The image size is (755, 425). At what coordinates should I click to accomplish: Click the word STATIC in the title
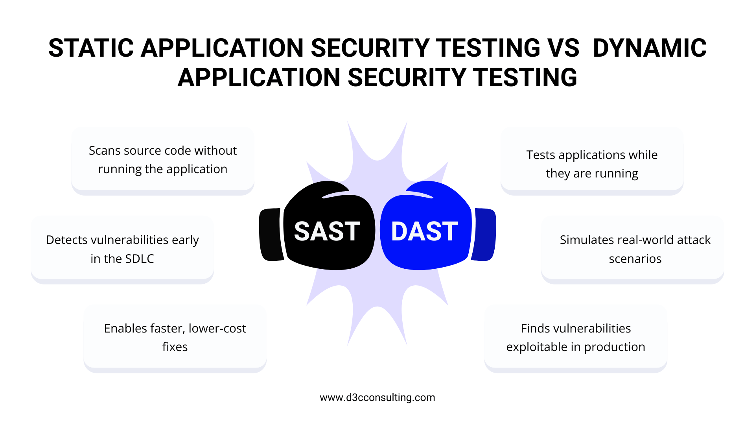click(x=91, y=48)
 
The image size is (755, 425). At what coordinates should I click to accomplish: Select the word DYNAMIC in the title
click(x=650, y=48)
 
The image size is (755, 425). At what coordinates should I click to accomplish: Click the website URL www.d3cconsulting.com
click(x=377, y=397)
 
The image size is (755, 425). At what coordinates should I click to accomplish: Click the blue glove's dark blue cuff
click(x=484, y=235)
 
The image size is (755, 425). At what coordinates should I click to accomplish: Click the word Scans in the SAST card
click(x=103, y=151)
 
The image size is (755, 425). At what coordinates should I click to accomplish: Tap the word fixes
click(x=175, y=347)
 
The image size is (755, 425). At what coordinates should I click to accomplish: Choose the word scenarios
click(x=635, y=259)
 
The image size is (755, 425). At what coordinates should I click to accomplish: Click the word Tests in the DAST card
click(x=541, y=155)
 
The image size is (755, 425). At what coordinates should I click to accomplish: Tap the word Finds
click(x=535, y=329)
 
